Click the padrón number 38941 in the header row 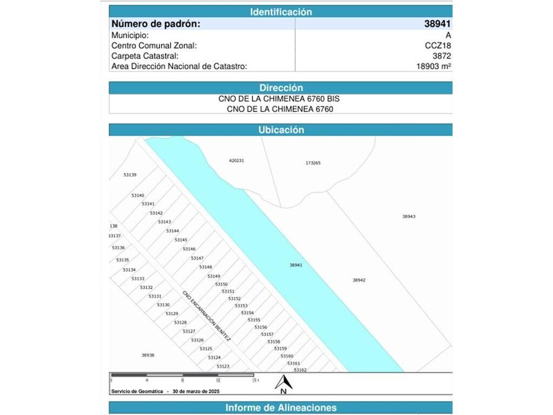tap(437, 24)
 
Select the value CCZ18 tap(438, 45)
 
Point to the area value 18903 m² tap(433, 66)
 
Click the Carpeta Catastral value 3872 tap(441, 56)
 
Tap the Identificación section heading tap(281, 11)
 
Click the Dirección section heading tap(281, 88)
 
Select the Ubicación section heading tap(281, 130)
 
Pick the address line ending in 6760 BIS tap(279, 99)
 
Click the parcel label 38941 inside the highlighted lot tap(296, 265)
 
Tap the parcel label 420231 tap(237, 160)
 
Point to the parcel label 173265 tap(313, 163)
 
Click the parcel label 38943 tap(409, 216)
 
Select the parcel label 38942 tap(359, 280)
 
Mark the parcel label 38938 tap(148, 355)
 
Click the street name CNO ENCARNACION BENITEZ tap(206, 316)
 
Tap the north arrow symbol tap(284, 383)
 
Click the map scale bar tap(181, 375)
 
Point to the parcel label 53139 tap(130, 175)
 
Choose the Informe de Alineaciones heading tap(281, 407)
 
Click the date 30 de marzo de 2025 tap(196, 391)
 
